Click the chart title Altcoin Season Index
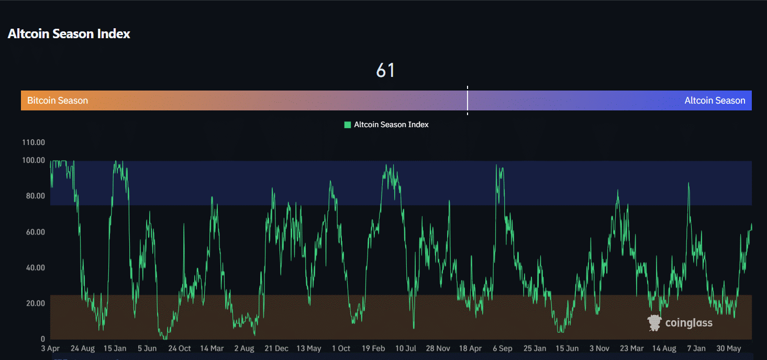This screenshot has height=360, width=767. pos(69,34)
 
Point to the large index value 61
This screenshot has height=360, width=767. pos(385,70)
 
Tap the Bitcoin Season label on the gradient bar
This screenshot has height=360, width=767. pos(58,100)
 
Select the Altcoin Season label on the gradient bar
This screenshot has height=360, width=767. pos(715,100)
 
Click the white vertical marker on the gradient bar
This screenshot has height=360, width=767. pos(468,100)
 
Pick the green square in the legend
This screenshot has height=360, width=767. pos(347,125)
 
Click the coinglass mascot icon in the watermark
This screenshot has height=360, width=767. pos(654,323)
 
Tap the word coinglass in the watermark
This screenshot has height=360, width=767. pos(688,323)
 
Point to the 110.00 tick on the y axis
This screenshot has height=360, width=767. pos(34,142)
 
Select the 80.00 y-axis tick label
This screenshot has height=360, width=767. pos(34,196)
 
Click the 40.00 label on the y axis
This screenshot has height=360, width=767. pos(34,268)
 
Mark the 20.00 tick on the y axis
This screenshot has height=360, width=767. pos(34,303)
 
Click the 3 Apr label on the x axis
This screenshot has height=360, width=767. pos(50,348)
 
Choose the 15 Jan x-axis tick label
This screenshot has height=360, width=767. pos(115,348)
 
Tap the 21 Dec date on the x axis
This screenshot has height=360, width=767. pos(276,348)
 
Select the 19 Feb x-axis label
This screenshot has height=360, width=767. pos(373,348)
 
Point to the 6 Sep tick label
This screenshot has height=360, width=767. pos(503,348)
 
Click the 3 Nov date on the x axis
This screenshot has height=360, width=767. pos(599,348)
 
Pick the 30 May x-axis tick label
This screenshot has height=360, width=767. pos(729,348)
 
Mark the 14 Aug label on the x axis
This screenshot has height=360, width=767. pos(664,348)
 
